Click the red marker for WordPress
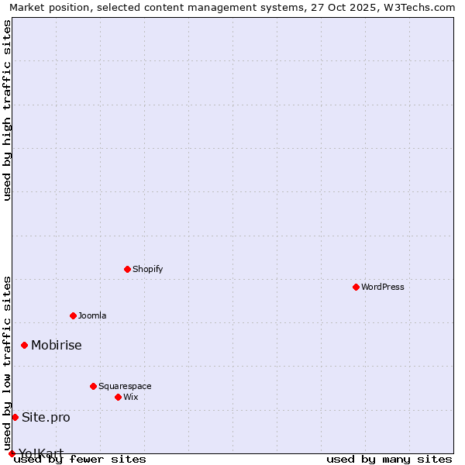click(x=356, y=287)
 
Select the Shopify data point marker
click(x=127, y=269)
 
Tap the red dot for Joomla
click(x=73, y=315)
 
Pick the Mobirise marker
click(x=24, y=345)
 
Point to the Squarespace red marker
click(x=93, y=386)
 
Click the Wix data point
click(x=118, y=397)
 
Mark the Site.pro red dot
click(x=15, y=417)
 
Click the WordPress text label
click(x=383, y=287)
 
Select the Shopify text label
click(x=147, y=269)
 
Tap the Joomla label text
click(x=92, y=315)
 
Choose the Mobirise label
click(x=57, y=345)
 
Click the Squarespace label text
click(x=125, y=386)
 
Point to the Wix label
click(x=131, y=397)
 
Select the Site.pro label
click(x=46, y=417)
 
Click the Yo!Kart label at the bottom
click(x=41, y=453)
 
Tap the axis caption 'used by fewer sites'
click(x=80, y=460)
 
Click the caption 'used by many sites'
click(x=389, y=460)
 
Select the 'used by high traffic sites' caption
click(x=8, y=110)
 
